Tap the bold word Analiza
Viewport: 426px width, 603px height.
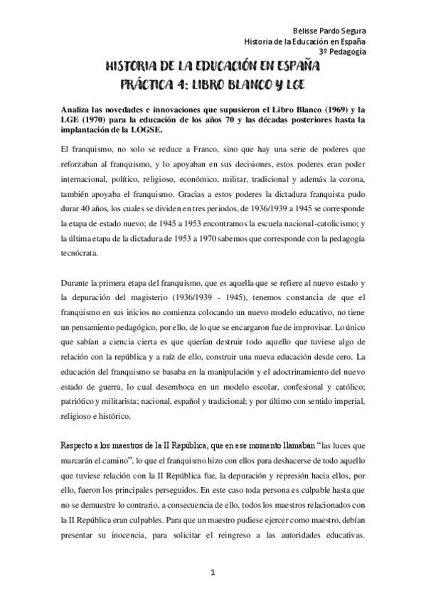tap(76, 110)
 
